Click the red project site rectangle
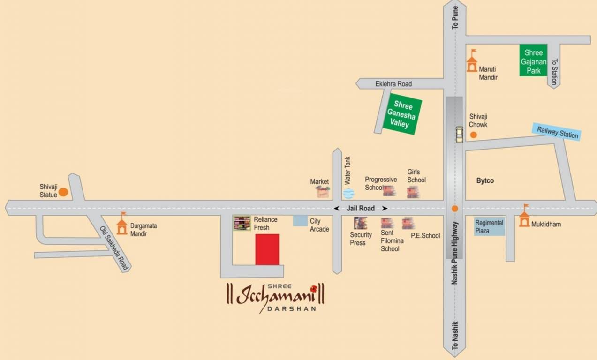pyautogui.click(x=267, y=249)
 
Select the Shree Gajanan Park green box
pyautogui.click(x=533, y=60)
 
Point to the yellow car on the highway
pyautogui.click(x=459, y=135)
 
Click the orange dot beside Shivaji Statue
pyautogui.click(x=63, y=192)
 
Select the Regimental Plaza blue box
pyautogui.click(x=489, y=227)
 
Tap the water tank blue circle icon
pyautogui.click(x=348, y=192)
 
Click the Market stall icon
pyautogui.click(x=323, y=191)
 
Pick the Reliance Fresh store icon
pyautogui.click(x=242, y=223)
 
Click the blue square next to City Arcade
pyautogui.click(x=300, y=221)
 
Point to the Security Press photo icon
pyautogui.click(x=360, y=223)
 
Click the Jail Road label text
pyautogui.click(x=361, y=208)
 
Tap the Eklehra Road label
pyautogui.click(x=393, y=84)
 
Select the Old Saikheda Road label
pyautogui.click(x=114, y=248)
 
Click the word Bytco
pyautogui.click(x=485, y=180)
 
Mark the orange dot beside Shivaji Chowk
pyautogui.click(x=474, y=135)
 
